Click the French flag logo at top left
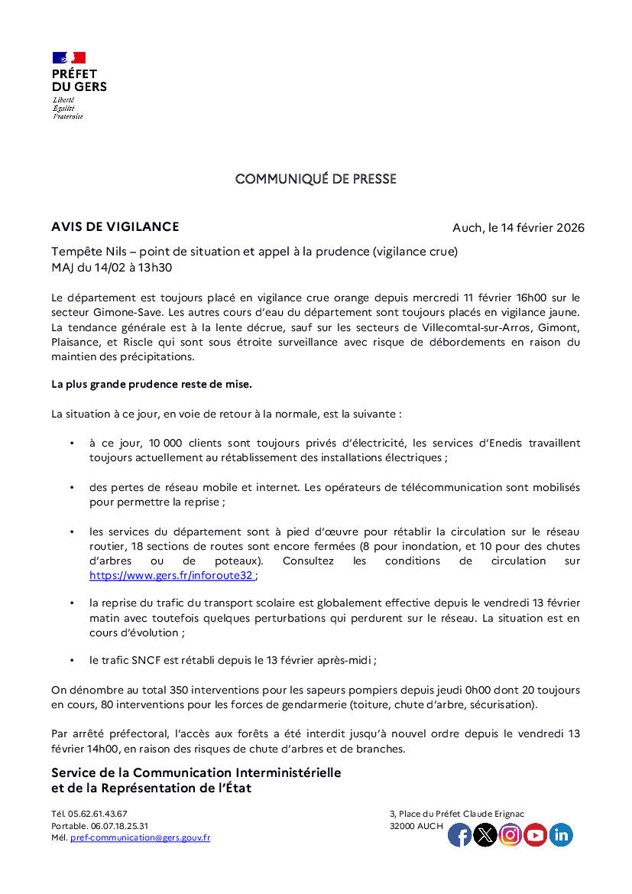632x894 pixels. (x=69, y=58)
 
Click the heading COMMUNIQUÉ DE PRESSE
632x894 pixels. (x=316, y=179)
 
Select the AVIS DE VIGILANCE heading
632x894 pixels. (x=115, y=226)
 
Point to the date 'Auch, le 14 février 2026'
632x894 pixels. (x=518, y=228)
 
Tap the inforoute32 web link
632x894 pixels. (x=170, y=575)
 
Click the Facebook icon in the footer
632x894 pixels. (x=459, y=835)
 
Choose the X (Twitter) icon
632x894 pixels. (x=485, y=835)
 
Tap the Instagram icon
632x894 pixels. (x=510, y=835)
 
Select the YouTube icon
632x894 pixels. (x=536, y=835)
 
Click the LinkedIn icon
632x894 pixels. (x=561, y=835)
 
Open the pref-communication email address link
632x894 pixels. (x=140, y=838)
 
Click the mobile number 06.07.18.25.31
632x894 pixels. (x=119, y=826)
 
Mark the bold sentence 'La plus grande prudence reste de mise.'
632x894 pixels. (x=151, y=383)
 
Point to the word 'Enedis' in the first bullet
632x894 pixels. (x=484, y=443)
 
